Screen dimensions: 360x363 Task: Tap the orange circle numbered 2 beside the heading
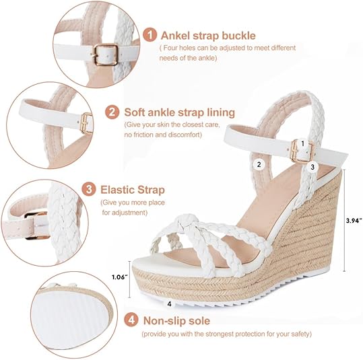click(112, 111)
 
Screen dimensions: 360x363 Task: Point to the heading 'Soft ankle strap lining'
click(179, 112)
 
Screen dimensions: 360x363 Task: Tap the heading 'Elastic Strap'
click(133, 190)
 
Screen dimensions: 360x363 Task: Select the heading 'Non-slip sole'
click(176, 321)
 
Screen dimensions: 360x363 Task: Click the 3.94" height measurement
click(345, 219)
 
